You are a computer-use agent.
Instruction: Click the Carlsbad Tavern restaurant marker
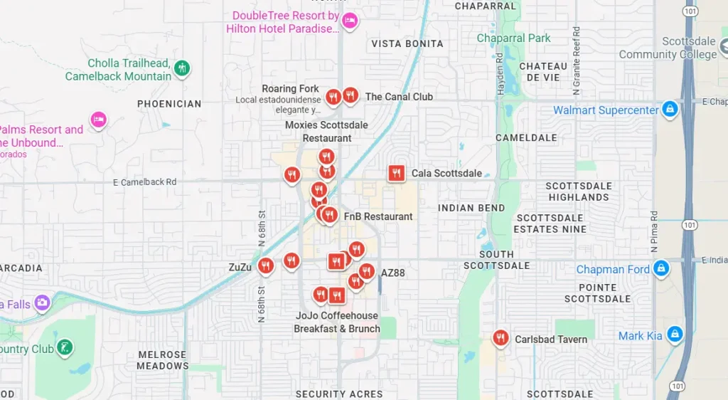pyautogui.click(x=501, y=337)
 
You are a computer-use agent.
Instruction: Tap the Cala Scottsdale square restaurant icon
pyautogui.click(x=397, y=173)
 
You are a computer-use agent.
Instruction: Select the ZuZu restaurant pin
pyautogui.click(x=265, y=266)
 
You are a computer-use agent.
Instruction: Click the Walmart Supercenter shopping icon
pyautogui.click(x=669, y=110)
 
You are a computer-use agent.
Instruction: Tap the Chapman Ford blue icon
pyautogui.click(x=661, y=269)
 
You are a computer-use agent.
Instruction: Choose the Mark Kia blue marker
pyautogui.click(x=675, y=335)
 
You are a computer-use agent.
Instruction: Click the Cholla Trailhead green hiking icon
pyautogui.click(x=182, y=68)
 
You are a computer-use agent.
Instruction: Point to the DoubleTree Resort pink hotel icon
pyautogui.click(x=348, y=21)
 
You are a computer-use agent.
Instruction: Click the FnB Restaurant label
pyautogui.click(x=378, y=216)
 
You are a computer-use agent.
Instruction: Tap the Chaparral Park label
pyautogui.click(x=514, y=38)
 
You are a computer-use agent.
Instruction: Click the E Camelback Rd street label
pyautogui.click(x=144, y=182)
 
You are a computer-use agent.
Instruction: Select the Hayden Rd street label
pyautogui.click(x=499, y=74)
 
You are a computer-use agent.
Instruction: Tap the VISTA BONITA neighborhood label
pyautogui.click(x=407, y=44)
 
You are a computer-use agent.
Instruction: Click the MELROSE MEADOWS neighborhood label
pyautogui.click(x=163, y=360)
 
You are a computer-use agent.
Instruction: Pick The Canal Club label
pyautogui.click(x=399, y=97)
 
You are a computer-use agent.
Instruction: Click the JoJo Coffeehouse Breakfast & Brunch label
pyautogui.click(x=337, y=322)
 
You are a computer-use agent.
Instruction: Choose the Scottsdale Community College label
pyautogui.click(x=668, y=48)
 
